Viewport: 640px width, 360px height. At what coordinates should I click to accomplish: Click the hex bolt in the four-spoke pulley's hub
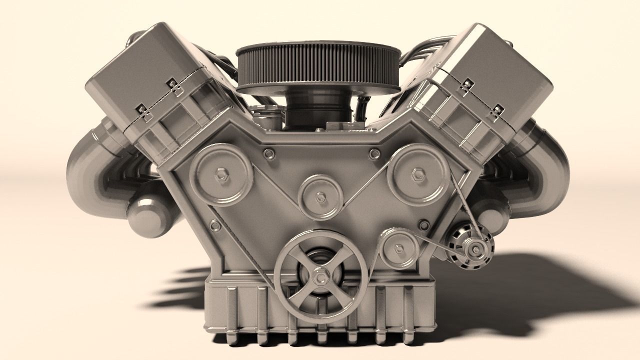click(320, 275)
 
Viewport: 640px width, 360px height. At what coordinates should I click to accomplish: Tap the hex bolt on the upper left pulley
click(221, 174)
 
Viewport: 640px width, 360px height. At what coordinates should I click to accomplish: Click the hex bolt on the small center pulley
click(320, 196)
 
